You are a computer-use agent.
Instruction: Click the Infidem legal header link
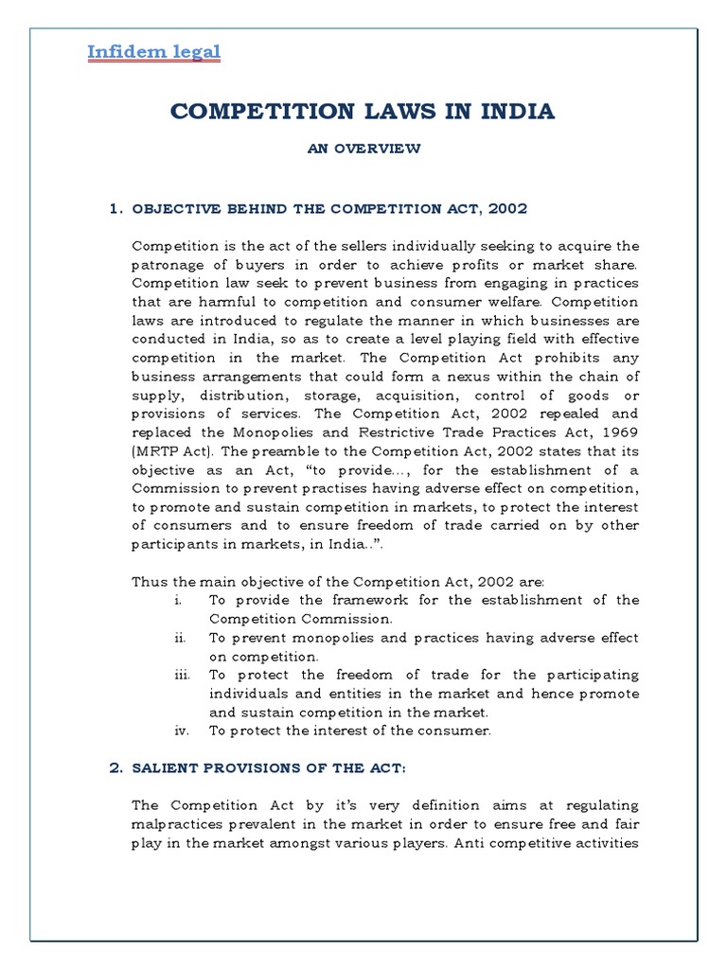coord(154,51)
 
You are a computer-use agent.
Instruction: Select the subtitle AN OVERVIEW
coord(363,149)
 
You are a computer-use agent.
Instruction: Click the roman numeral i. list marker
coord(178,600)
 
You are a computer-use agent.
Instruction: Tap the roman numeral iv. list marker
coord(180,731)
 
